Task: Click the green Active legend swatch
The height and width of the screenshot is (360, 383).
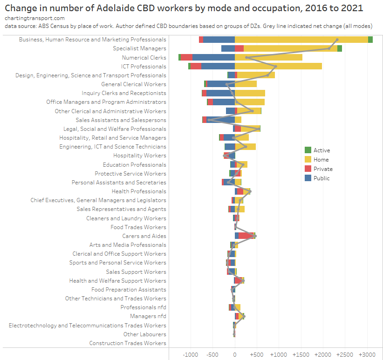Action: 308,150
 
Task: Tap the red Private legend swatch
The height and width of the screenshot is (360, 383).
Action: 308,169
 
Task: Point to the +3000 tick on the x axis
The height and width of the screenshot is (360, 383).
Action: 367,354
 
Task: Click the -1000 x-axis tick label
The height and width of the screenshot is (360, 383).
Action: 191,354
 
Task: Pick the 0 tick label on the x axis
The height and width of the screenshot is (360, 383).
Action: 235,354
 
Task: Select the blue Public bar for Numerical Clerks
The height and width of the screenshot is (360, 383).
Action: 213,57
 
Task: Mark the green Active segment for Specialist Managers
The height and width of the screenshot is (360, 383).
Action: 340,48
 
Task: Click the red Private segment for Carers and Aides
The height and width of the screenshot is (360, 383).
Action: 246,236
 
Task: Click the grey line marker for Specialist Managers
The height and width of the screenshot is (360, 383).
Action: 329,48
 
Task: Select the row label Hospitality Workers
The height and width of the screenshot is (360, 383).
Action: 139,156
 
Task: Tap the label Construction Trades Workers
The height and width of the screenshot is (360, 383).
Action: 128,343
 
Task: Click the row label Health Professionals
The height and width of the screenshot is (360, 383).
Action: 139,191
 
